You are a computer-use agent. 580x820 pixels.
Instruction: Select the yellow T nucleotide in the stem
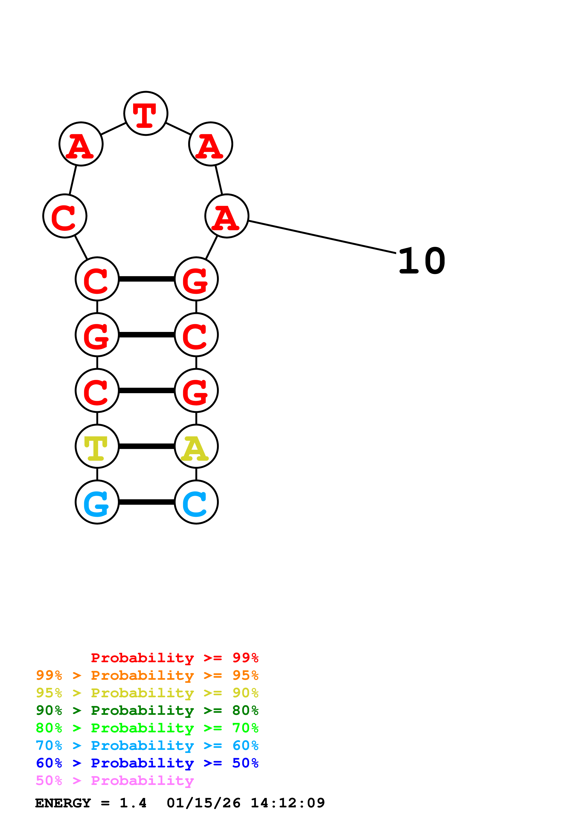tap(97, 446)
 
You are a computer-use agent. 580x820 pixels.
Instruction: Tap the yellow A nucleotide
tap(196, 446)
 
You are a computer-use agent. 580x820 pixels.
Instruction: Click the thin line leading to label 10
tap(322, 237)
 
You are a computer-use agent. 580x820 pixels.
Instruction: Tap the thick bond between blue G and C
tap(146, 502)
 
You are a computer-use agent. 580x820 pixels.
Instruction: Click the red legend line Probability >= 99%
tap(174, 658)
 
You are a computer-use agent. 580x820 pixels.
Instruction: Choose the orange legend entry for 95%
tap(147, 675)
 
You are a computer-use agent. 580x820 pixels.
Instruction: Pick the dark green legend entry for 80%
tap(147, 710)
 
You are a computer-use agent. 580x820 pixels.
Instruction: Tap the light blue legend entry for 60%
tap(147, 745)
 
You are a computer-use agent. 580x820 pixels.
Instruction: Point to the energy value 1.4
tap(133, 803)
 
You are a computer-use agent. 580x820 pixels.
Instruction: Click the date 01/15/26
tap(203, 803)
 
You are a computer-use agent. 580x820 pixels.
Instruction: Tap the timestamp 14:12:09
tap(288, 803)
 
